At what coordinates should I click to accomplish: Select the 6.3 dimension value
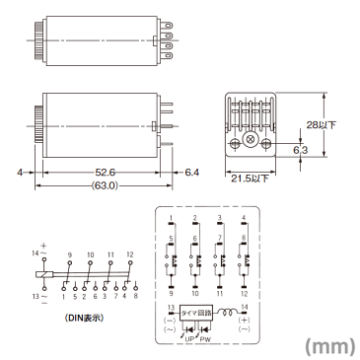pyautogui.click(x=299, y=149)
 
